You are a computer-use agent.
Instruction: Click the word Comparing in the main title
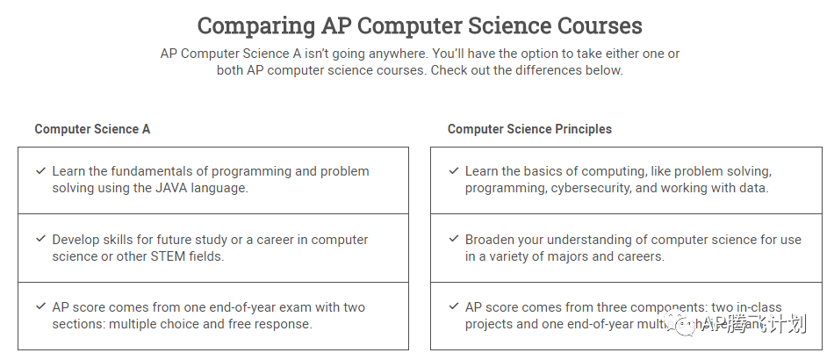(248, 25)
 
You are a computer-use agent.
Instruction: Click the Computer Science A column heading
(92, 129)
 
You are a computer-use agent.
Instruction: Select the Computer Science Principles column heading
(529, 129)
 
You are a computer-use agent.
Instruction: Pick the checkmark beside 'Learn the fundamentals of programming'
(40, 171)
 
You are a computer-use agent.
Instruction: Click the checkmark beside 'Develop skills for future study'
(40, 239)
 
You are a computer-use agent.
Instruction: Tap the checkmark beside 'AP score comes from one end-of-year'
(40, 306)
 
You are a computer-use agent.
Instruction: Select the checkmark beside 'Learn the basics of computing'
(453, 171)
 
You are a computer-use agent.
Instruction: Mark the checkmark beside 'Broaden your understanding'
(453, 239)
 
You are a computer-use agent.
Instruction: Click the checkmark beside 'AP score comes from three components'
(453, 306)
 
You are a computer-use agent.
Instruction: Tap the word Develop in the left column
(76, 240)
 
